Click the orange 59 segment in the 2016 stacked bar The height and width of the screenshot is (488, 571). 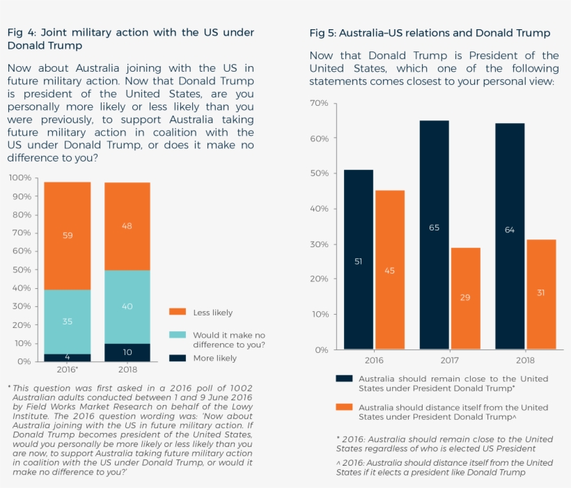[x=68, y=236]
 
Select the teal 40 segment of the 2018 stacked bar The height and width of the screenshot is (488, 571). [x=127, y=306]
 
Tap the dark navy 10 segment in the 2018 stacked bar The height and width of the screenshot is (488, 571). [x=127, y=352]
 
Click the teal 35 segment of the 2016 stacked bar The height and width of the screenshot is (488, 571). [x=68, y=322]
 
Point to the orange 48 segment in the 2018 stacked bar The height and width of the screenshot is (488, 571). [x=127, y=226]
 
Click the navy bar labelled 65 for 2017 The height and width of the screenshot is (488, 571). [x=434, y=235]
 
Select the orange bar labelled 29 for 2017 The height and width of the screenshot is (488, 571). [x=465, y=298]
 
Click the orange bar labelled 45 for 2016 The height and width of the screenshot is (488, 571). [x=389, y=270]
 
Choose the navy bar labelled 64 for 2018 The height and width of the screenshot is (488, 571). [x=510, y=236]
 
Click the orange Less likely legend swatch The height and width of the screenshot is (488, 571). [x=178, y=313]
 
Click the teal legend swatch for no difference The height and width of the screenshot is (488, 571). [x=178, y=335]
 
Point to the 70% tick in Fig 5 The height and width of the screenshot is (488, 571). [x=319, y=103]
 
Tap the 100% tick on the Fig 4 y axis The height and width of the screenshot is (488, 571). [x=19, y=178]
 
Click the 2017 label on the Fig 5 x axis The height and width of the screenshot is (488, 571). [x=449, y=360]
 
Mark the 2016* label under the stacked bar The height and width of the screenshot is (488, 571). [x=68, y=370]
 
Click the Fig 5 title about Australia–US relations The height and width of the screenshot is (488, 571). [x=430, y=33]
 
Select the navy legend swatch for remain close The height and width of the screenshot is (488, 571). [x=344, y=379]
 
